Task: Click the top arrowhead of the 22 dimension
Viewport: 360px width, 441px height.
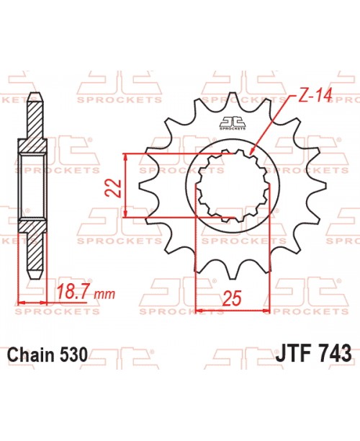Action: pyautogui.click(x=127, y=155)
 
